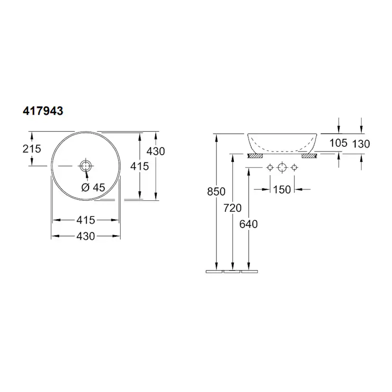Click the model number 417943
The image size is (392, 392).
[x=43, y=111]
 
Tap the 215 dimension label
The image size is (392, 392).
[x=32, y=149]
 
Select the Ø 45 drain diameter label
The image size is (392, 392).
[x=93, y=187]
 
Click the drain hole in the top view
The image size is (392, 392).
[x=86, y=166]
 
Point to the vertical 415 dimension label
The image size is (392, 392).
[x=140, y=166]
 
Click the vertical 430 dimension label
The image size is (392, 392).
[x=155, y=151]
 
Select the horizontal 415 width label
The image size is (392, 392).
[x=86, y=220]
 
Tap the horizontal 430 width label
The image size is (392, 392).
[x=86, y=236]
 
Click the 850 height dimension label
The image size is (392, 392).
[x=216, y=191]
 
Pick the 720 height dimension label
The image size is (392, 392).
[x=232, y=208]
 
